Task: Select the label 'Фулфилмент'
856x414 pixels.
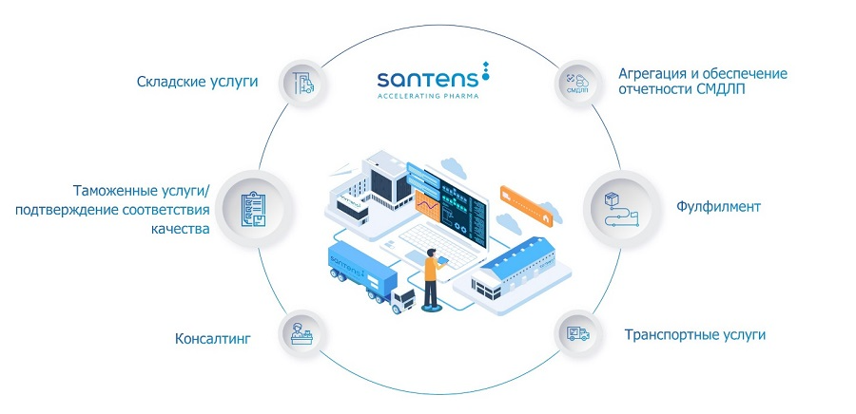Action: (718, 206)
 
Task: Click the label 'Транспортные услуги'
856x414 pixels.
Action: (694, 334)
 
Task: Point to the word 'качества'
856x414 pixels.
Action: (179, 229)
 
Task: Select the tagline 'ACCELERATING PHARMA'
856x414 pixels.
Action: (427, 96)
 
